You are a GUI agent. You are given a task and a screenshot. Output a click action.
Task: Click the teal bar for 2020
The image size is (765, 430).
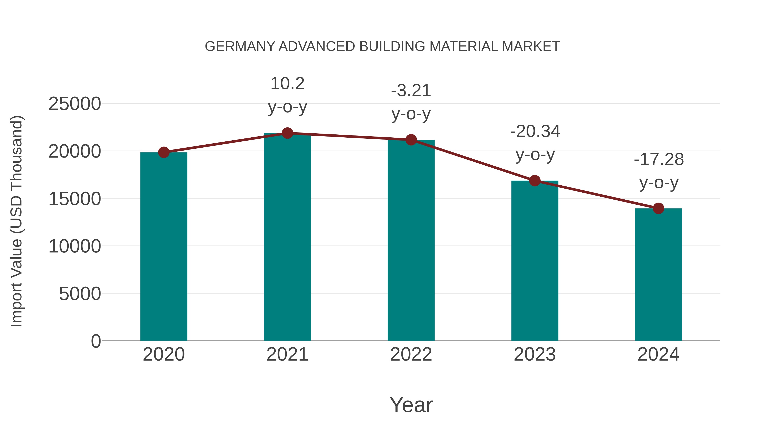[x=164, y=246]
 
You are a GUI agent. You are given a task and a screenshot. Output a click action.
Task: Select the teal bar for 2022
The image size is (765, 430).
[x=411, y=240]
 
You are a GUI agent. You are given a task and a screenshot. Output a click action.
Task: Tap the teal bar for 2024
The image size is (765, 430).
[x=658, y=275]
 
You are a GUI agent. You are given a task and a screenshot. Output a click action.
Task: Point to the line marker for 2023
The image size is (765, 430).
[x=535, y=180]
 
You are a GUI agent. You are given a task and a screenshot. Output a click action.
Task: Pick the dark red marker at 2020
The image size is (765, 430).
[x=164, y=152]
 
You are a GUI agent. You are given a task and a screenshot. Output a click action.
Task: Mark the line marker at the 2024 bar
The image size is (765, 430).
[x=658, y=208]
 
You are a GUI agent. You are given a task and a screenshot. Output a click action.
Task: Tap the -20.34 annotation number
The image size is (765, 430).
[x=535, y=131]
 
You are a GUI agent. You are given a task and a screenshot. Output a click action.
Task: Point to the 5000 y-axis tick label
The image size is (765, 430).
[x=80, y=294]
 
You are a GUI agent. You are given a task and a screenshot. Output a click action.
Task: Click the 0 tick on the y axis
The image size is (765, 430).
[x=96, y=341]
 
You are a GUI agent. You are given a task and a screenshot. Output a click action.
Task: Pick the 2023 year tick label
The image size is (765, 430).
[x=535, y=354]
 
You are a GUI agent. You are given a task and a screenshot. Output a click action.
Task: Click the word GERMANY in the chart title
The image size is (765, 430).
[x=240, y=47]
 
